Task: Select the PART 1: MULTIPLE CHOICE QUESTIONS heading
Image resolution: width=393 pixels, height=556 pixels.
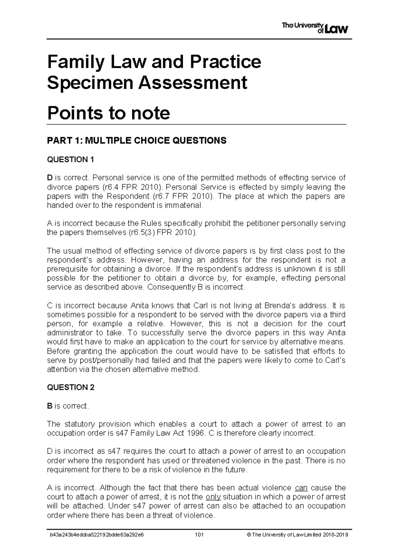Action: [137, 141]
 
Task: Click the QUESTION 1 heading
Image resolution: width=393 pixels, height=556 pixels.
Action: [70, 160]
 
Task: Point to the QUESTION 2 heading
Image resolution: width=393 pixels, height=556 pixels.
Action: [71, 387]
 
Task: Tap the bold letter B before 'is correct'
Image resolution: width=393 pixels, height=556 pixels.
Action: [50, 406]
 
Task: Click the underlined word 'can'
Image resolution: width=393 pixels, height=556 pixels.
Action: [301, 487]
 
